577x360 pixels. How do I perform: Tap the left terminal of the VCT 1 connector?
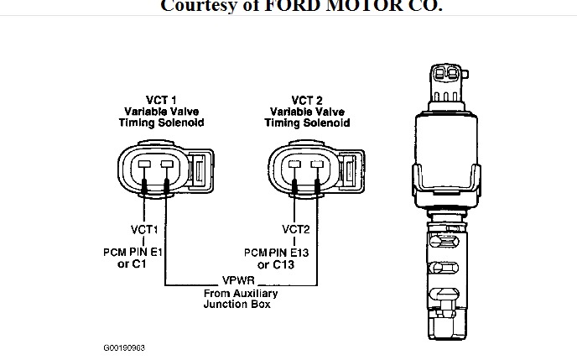pyautogui.click(x=144, y=165)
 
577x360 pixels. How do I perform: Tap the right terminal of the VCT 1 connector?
pyautogui.click(x=166, y=165)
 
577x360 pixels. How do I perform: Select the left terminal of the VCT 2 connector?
pyautogui.click(x=295, y=165)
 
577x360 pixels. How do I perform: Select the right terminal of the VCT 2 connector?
pyautogui.click(x=317, y=165)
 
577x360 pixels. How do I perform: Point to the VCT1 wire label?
pyautogui.click(x=143, y=228)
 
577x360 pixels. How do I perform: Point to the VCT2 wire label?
pyautogui.click(x=296, y=228)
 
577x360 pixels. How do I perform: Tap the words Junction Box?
pyautogui.click(x=238, y=305)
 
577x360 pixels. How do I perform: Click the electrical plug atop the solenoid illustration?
pyautogui.click(x=444, y=82)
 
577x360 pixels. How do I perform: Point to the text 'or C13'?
pyautogui.click(x=278, y=265)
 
